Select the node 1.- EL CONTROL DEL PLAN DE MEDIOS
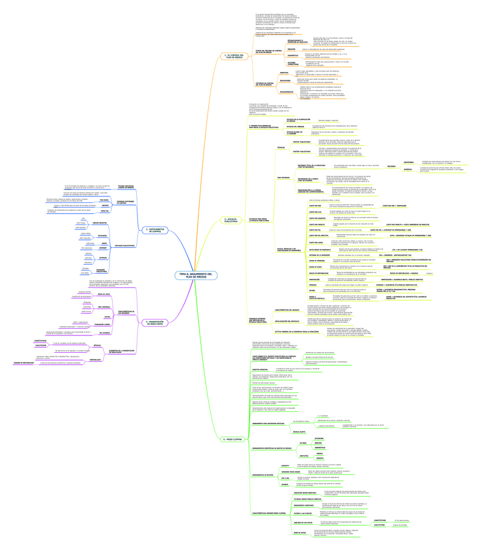click(x=232, y=56)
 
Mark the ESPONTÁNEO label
click(x=409, y=161)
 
